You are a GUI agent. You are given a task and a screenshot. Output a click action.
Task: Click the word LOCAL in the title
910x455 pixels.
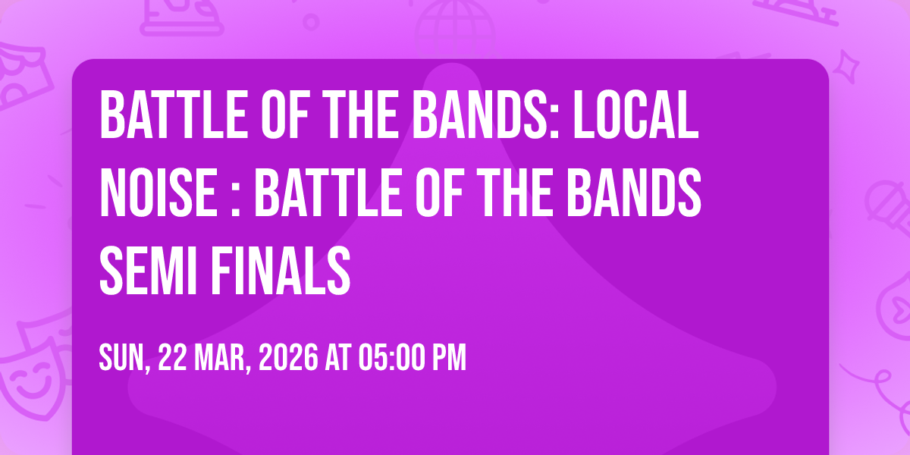point(635,115)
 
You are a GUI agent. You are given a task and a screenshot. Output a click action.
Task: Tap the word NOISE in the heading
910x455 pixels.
point(158,193)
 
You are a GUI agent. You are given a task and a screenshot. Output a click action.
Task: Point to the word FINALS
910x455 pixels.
point(280,270)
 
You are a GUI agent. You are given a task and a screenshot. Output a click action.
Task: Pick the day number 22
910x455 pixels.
point(172,357)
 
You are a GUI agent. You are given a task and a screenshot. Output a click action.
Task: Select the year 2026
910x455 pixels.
point(288,357)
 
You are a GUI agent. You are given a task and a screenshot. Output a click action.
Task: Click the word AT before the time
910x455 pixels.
point(337,357)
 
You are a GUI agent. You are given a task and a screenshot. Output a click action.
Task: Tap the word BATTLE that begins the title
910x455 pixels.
point(174,115)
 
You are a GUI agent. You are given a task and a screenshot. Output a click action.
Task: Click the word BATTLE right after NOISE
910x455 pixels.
point(328,193)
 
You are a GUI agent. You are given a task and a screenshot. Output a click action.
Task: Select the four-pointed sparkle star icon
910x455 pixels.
point(846,67)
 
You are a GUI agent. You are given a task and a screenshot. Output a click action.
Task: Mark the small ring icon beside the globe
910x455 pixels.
point(311,22)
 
